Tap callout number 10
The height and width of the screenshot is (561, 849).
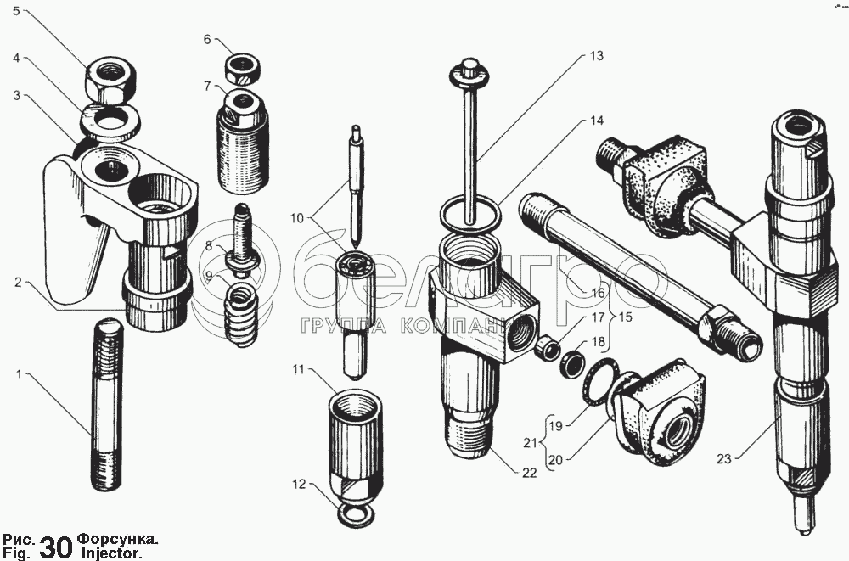pos(296,219)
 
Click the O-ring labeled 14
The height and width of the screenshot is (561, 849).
pos(472,216)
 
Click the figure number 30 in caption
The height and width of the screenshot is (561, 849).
pos(56,547)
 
